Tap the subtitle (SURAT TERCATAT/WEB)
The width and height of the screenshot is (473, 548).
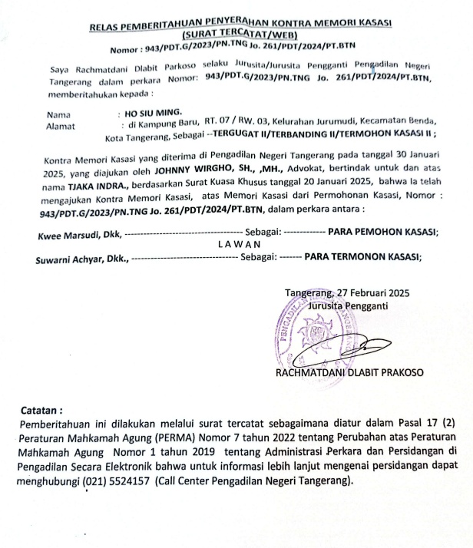(x=241, y=37)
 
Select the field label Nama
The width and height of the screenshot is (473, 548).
(x=59, y=113)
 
